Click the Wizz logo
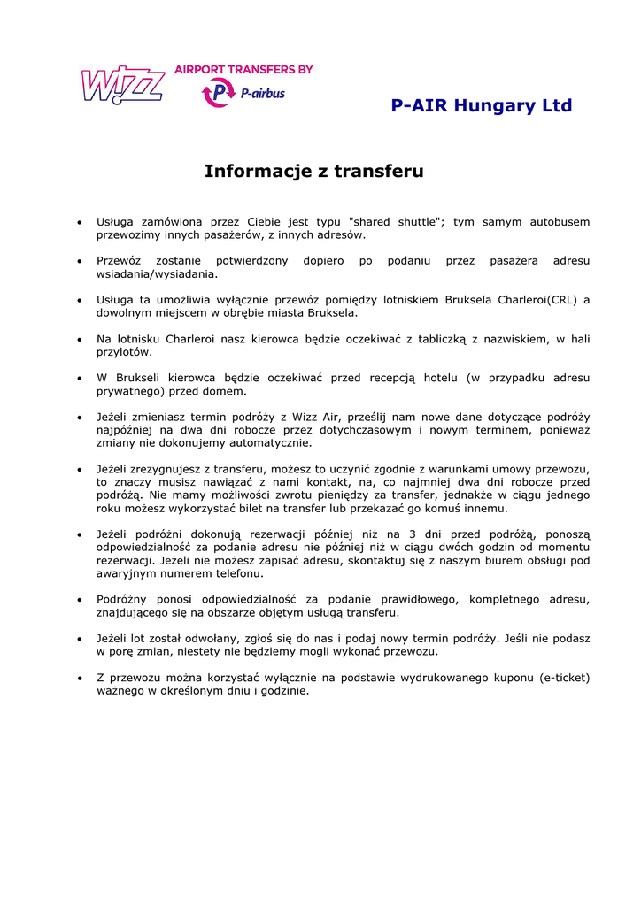pos(122,85)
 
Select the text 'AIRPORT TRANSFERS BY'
pos(243,69)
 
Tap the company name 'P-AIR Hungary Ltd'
pos(482,106)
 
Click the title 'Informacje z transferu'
pos(314,171)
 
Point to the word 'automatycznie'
pos(266,442)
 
